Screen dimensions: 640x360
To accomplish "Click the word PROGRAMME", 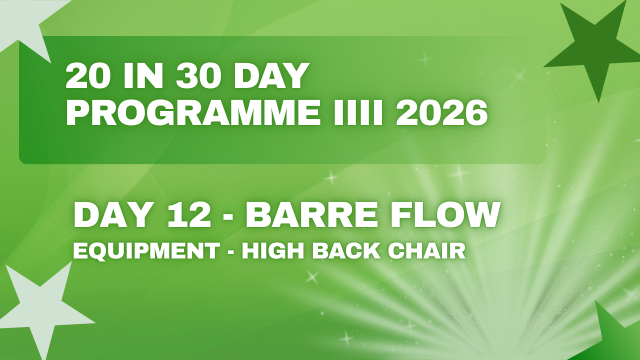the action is [192, 113].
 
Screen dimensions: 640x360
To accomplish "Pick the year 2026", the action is [441, 113].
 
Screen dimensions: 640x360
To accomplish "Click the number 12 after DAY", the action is [189, 215].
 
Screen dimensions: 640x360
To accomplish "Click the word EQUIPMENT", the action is [146, 251].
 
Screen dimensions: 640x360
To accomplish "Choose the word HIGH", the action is [273, 250].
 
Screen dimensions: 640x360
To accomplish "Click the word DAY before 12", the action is [111, 215].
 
